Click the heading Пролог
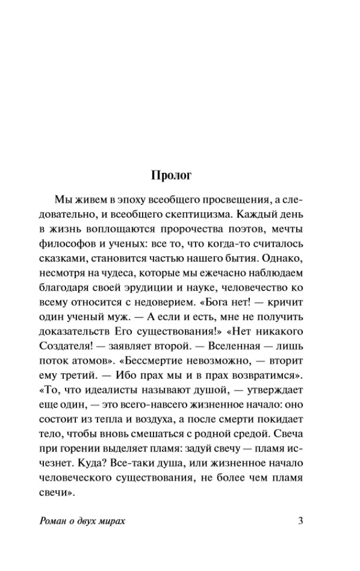point(180,175)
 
